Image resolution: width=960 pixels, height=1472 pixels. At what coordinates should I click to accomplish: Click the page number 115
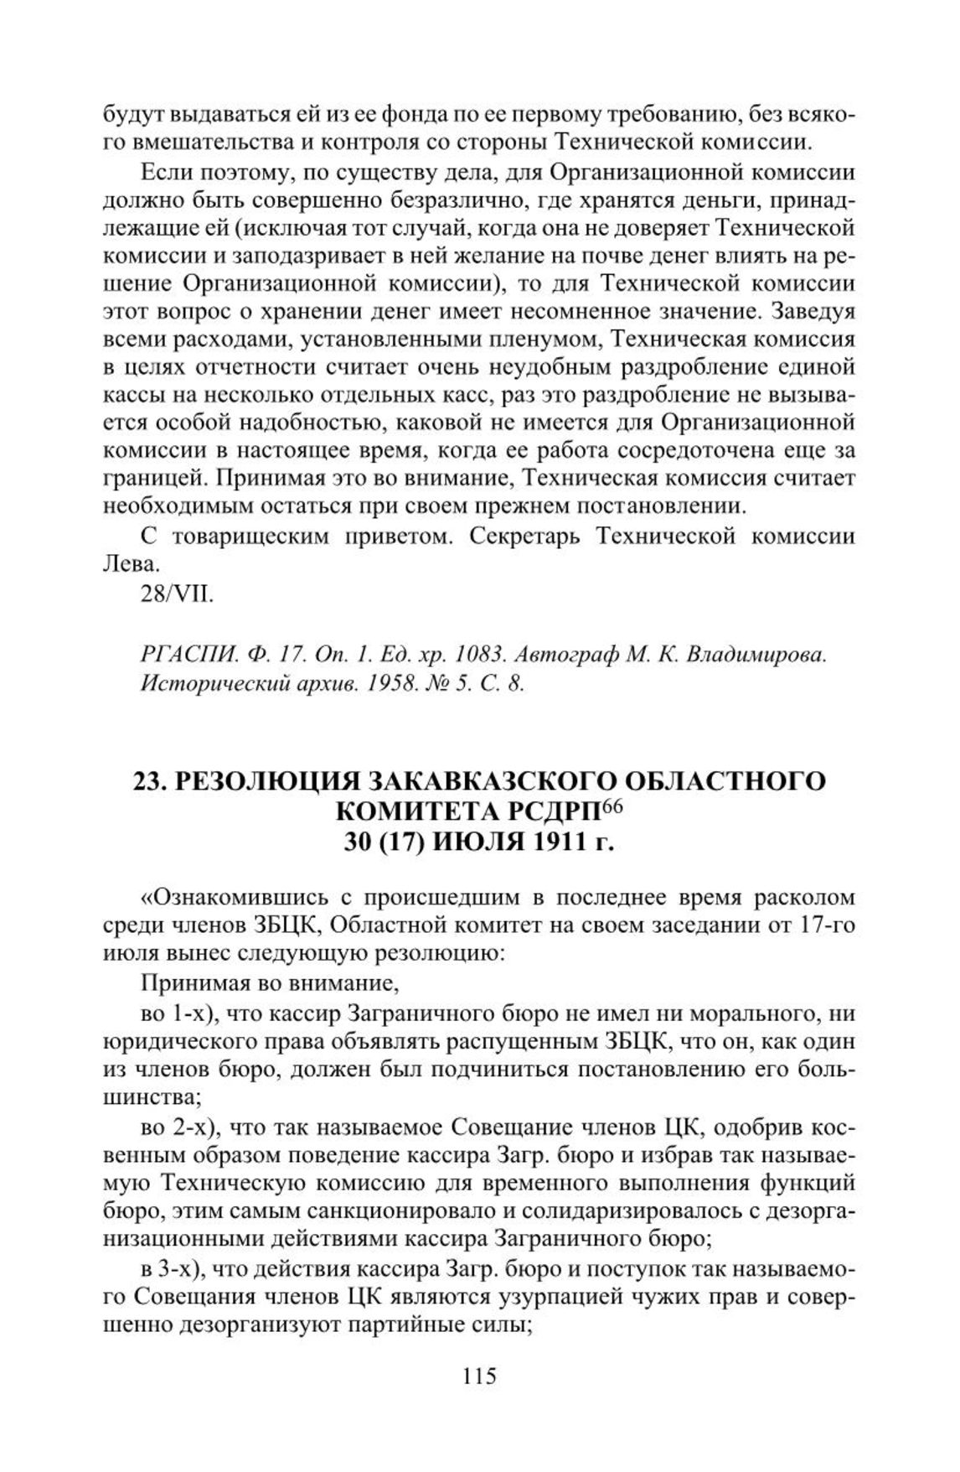tap(479, 1375)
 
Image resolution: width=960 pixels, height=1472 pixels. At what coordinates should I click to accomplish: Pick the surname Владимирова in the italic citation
tap(756, 655)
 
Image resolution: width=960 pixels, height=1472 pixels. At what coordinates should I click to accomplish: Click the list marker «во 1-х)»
tap(180, 1013)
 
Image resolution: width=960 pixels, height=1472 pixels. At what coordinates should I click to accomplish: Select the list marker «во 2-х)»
tap(180, 1127)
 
